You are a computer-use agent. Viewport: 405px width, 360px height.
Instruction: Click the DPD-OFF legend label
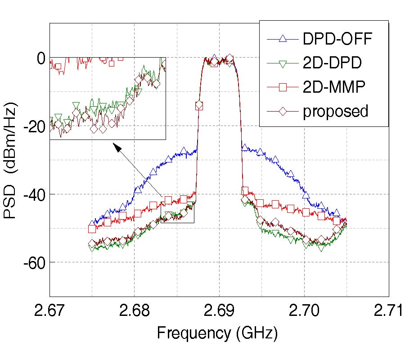(x=337, y=40)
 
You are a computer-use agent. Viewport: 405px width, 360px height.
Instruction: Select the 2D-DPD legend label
(x=332, y=63)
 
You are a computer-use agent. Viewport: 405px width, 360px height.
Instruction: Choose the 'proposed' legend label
(x=335, y=111)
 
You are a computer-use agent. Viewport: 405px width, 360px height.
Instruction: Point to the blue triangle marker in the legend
(x=283, y=40)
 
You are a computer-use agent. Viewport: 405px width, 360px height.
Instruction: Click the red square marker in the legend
(x=283, y=87)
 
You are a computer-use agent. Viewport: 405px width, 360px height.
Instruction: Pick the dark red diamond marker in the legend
(x=283, y=111)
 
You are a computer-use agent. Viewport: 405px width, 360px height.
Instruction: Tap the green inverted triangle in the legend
(x=283, y=63)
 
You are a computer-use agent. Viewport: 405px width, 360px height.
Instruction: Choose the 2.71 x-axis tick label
(x=388, y=311)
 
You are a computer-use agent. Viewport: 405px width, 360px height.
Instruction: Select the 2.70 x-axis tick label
(x=304, y=311)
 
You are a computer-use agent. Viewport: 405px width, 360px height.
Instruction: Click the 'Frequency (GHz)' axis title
(x=217, y=333)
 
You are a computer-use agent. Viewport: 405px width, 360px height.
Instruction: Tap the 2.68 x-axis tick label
(x=134, y=311)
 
